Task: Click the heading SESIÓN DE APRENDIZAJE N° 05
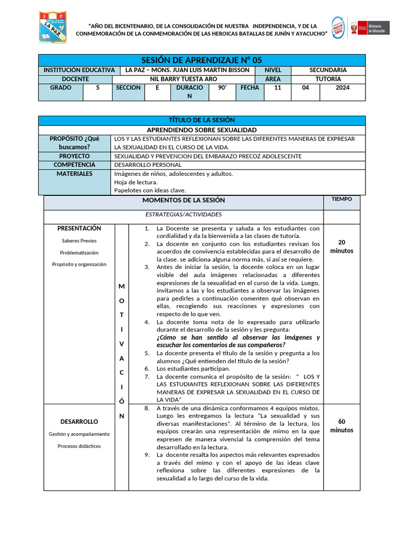(202, 60)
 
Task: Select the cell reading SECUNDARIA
(328, 70)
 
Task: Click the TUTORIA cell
(328, 79)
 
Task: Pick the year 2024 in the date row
(342, 88)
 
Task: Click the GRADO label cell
(60, 88)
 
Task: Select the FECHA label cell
(249, 88)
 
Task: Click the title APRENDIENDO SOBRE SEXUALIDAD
(202, 129)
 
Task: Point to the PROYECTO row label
(74, 156)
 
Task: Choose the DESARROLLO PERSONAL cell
(148, 165)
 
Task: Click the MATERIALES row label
(74, 174)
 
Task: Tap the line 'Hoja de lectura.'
(136, 182)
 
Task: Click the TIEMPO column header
(341, 199)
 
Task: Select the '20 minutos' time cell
(341, 246)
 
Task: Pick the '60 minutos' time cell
(341, 426)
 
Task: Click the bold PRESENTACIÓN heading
(79, 228)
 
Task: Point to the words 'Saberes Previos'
(79, 241)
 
